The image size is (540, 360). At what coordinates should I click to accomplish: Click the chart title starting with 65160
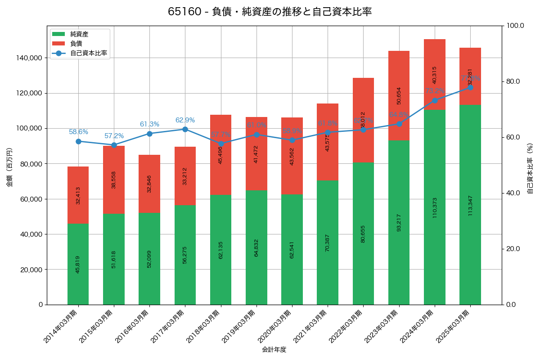270,12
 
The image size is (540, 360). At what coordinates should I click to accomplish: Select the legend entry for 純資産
79,34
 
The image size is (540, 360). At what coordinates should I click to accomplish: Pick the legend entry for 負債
76,44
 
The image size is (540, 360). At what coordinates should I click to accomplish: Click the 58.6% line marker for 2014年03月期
78,141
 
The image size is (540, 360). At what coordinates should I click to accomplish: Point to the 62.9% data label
185,120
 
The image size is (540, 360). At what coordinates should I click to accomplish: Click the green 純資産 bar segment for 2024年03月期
435,207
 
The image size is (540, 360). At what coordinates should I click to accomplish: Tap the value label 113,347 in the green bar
470,206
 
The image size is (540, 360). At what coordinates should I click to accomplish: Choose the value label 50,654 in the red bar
399,95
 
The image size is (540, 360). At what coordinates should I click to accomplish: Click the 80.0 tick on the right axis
513,81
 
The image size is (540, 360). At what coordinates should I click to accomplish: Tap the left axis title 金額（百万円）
9,167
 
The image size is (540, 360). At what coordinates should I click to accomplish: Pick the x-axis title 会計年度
274,349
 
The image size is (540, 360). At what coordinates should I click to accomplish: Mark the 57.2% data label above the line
114,136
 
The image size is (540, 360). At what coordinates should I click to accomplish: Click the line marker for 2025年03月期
470,87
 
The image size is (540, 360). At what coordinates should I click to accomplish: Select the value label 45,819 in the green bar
78,264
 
